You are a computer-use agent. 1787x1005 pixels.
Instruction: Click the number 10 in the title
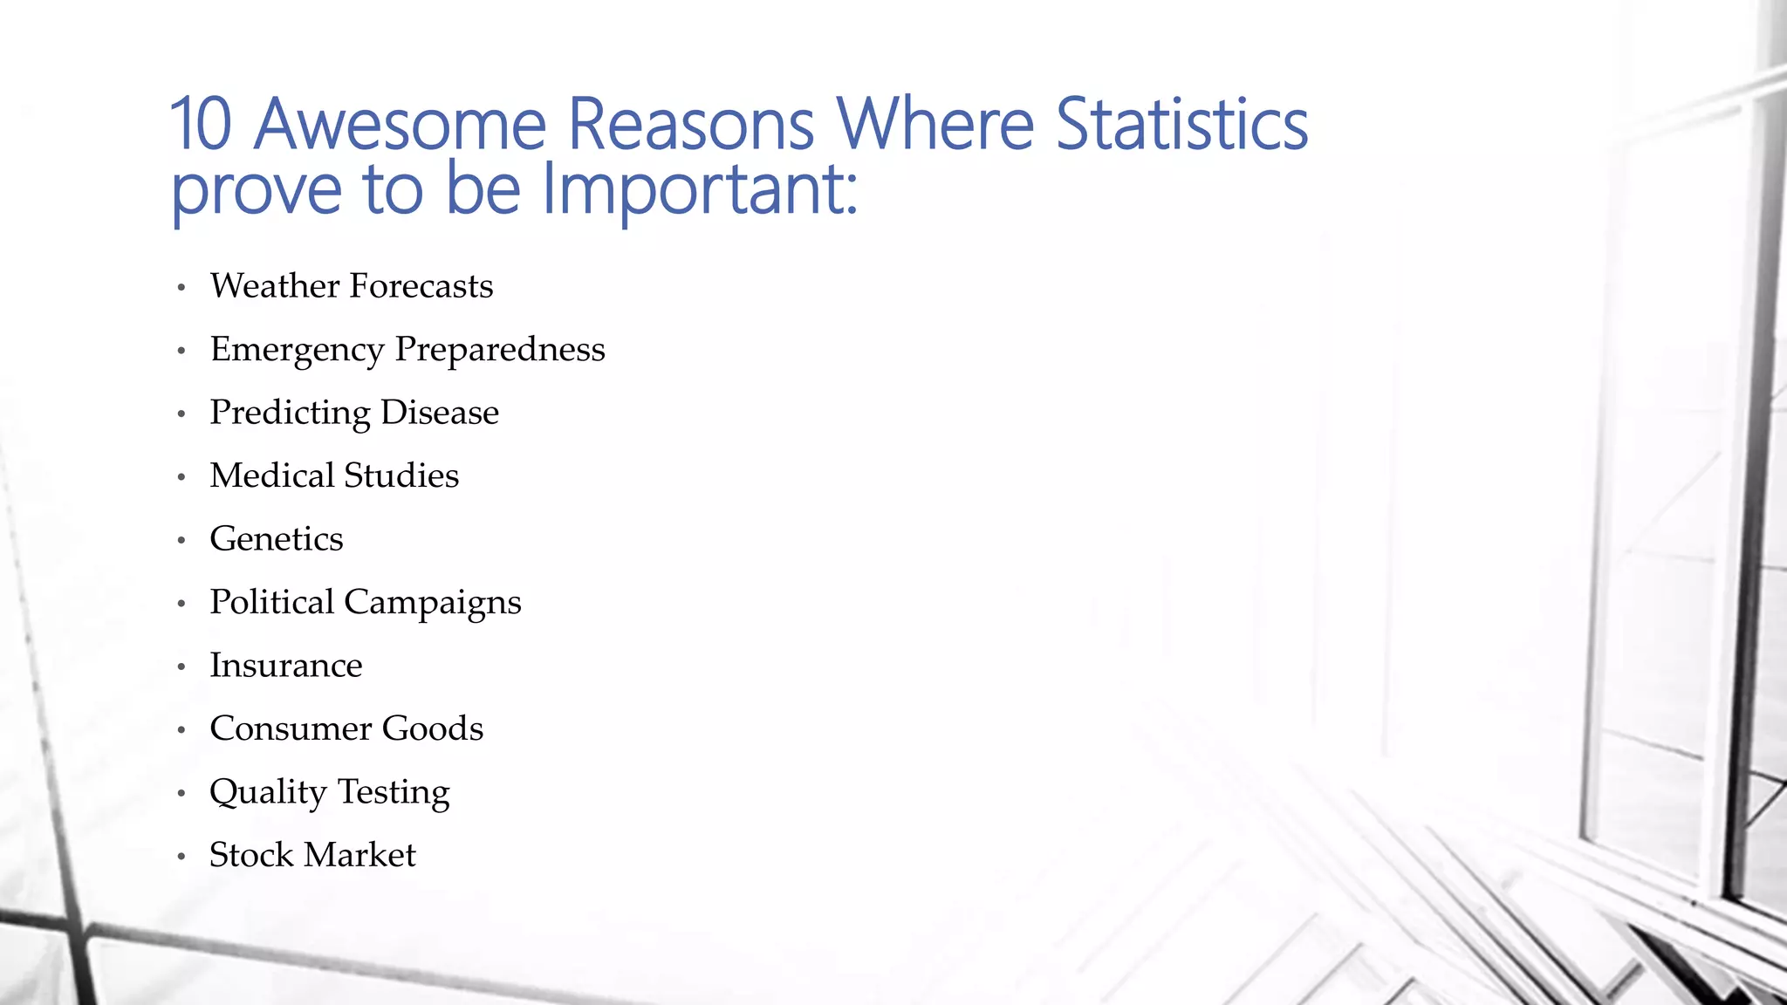201,124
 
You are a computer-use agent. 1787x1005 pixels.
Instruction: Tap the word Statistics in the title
1181,124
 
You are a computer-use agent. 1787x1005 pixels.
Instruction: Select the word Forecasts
421,286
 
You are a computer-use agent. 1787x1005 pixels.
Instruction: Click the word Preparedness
500,351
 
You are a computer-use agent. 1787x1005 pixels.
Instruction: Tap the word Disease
440,413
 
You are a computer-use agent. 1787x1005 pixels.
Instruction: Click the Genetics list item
277,539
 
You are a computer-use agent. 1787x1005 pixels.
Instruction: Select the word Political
272,602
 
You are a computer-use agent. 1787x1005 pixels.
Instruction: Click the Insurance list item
286,666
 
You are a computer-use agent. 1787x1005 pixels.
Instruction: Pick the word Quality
268,793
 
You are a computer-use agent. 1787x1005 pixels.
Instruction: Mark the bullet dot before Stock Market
181,857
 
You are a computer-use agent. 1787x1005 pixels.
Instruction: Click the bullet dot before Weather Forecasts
181,288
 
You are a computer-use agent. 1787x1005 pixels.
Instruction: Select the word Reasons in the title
691,124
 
